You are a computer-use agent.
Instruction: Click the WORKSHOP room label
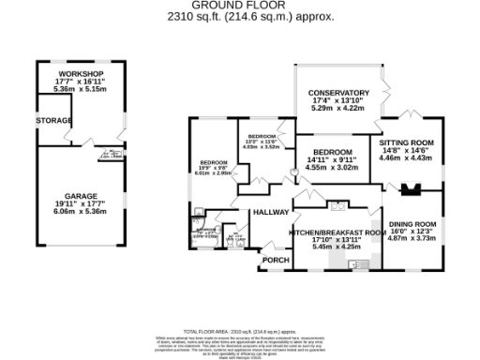[80, 74]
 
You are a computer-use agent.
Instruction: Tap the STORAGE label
[53, 122]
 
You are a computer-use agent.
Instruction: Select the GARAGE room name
[80, 196]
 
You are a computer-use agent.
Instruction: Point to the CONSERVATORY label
[340, 93]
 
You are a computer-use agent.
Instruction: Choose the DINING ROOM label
[412, 224]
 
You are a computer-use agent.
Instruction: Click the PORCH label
[276, 260]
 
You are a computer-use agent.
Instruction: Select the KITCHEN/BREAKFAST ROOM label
[337, 232]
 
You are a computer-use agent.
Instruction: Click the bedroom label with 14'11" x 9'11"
[333, 152]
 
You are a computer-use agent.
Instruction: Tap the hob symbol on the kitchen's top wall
[339, 204]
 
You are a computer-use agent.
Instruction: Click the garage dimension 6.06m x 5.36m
[80, 212]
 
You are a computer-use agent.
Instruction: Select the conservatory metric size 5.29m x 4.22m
[340, 109]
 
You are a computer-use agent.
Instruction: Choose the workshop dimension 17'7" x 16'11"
[80, 82]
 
